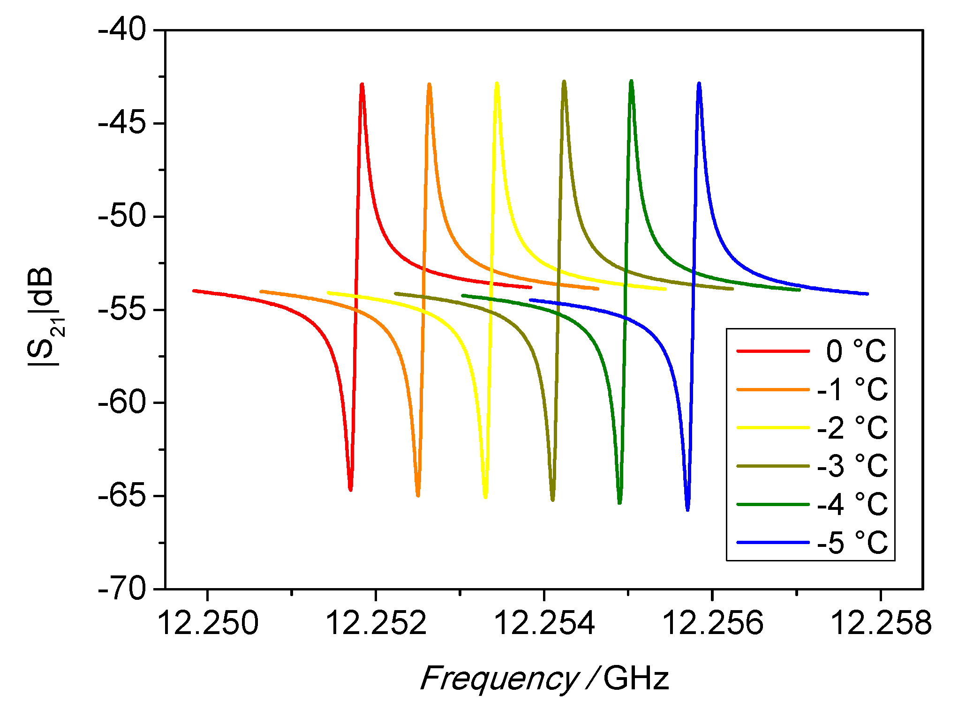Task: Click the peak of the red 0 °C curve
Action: coord(362,85)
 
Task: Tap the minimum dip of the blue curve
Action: coord(687,509)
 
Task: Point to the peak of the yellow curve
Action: coord(497,84)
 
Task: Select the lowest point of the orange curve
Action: coord(418,495)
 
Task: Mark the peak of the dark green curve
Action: coord(632,82)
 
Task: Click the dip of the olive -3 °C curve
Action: coord(553,500)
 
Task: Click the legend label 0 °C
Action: coord(856,351)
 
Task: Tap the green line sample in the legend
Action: coord(773,504)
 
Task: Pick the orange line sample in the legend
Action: coord(773,389)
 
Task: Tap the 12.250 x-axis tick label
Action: coord(208,623)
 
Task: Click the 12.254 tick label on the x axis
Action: coord(544,623)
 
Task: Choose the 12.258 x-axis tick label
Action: coord(881,623)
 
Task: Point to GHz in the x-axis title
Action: coord(636,678)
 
